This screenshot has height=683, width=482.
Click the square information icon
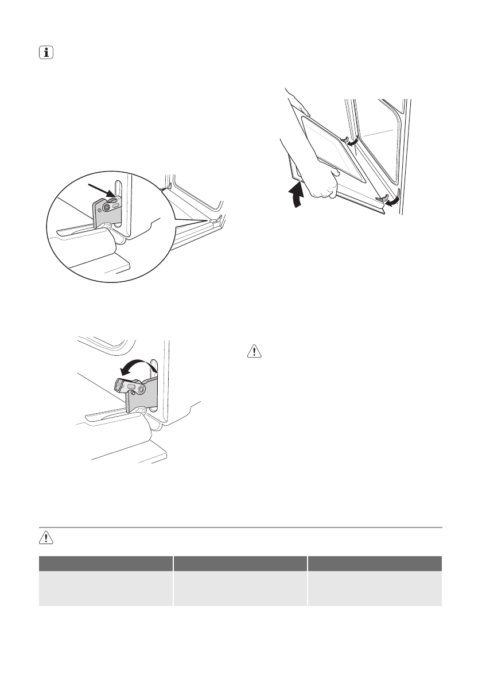tap(44, 53)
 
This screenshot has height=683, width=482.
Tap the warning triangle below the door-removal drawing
tap(254, 351)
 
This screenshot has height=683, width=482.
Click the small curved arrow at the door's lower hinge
tap(392, 201)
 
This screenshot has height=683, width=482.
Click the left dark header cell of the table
tap(106, 563)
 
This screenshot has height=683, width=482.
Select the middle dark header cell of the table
tap(240, 563)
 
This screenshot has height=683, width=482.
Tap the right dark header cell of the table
tap(375, 563)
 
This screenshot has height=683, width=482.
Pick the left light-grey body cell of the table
tap(106, 588)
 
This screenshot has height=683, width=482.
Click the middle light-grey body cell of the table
tap(240, 588)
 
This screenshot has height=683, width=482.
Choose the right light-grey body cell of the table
tap(375, 588)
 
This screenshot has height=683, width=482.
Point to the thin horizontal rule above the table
tap(241, 527)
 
